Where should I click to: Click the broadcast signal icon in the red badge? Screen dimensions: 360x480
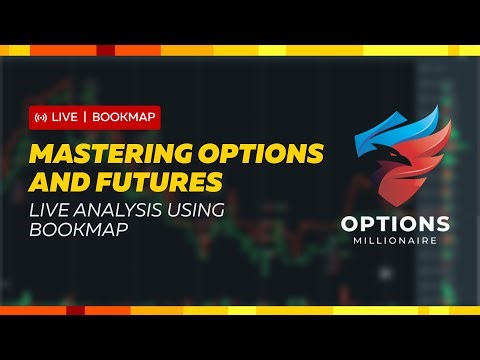pyautogui.click(x=41, y=118)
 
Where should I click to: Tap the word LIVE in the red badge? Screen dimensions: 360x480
pyautogui.click(x=65, y=118)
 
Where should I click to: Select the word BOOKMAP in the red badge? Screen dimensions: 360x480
pyautogui.click(x=123, y=118)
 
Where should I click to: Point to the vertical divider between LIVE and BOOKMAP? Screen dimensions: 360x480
pyautogui.click(x=86, y=118)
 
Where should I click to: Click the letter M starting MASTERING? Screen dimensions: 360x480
pyautogui.click(x=42, y=155)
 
